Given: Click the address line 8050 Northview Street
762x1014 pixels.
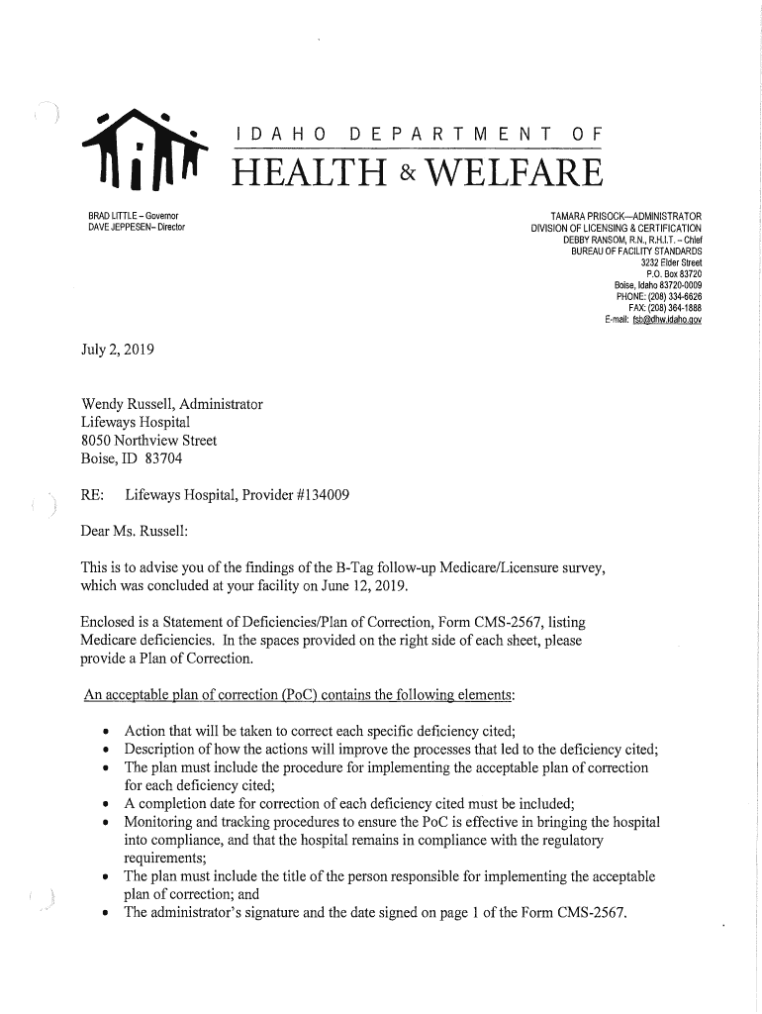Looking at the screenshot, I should pyautogui.click(x=148, y=440).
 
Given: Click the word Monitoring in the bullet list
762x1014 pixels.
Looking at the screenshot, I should pyautogui.click(x=159, y=822).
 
